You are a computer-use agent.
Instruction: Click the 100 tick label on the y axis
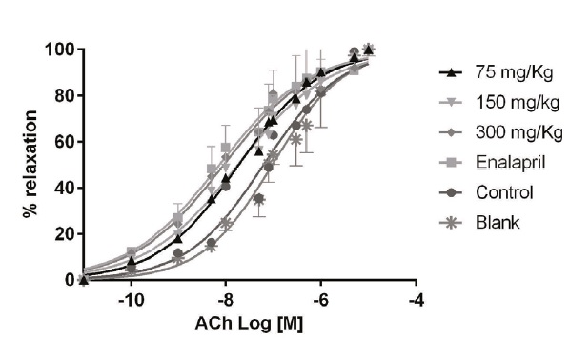coord(59,50)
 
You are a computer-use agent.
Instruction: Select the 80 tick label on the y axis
coord(63,95)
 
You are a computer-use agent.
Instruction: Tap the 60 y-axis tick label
coord(63,141)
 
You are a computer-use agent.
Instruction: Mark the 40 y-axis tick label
coord(63,188)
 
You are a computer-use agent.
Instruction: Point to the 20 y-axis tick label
coord(63,233)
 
